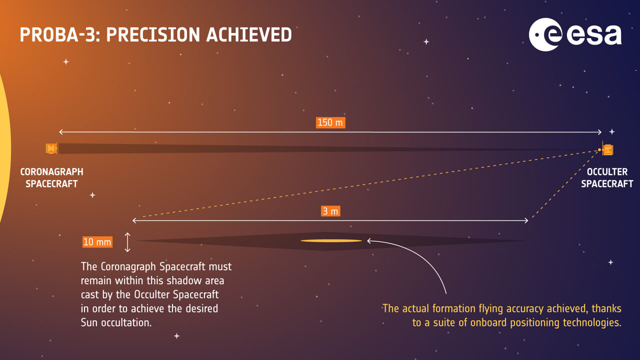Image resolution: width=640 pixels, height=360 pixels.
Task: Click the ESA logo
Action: click(575, 34)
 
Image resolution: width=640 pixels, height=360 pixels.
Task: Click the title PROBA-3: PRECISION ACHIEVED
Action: click(155, 35)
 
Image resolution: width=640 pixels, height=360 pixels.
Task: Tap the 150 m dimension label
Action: click(330, 122)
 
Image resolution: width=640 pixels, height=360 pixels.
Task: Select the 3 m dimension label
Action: click(330, 211)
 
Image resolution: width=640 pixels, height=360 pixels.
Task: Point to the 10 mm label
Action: click(97, 242)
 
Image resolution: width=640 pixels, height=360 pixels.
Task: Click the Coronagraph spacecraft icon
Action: click(51, 148)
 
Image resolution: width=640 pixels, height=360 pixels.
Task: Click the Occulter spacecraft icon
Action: click(607, 149)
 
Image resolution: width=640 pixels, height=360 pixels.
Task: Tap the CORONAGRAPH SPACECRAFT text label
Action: click(51, 178)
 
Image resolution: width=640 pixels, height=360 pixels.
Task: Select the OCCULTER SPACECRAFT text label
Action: click(607, 178)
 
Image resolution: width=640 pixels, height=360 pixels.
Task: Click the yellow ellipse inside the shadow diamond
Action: click(331, 241)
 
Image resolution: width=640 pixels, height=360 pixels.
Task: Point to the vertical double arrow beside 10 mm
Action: click(127, 242)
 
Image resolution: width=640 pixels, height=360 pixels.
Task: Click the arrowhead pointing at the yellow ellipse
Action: click(369, 241)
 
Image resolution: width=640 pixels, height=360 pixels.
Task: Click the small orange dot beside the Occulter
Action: click(599, 149)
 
